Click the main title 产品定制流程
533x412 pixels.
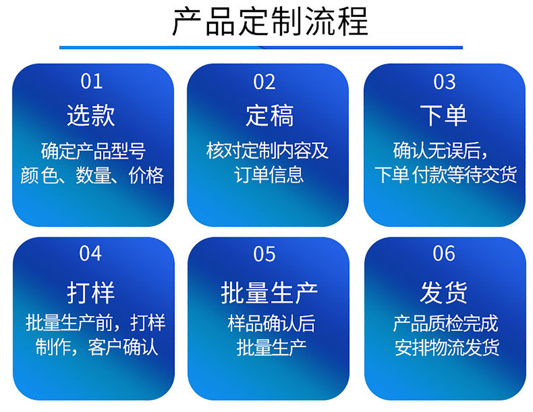click(x=270, y=22)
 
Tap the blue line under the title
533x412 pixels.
click(x=261, y=47)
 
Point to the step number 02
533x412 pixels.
click(x=264, y=82)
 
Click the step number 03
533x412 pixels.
click(x=444, y=82)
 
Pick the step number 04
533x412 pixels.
click(x=90, y=253)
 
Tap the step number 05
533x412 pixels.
click(x=264, y=254)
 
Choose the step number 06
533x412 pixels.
click(x=444, y=253)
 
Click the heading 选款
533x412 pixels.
click(x=91, y=115)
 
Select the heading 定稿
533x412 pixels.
click(x=270, y=115)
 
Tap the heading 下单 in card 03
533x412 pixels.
click(x=443, y=115)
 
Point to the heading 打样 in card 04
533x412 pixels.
click(x=91, y=292)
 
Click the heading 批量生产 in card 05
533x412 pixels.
click(x=269, y=292)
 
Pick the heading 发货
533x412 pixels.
click(x=443, y=292)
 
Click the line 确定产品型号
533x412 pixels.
click(x=93, y=151)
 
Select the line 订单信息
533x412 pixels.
click(x=269, y=175)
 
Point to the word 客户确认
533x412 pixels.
click(x=123, y=347)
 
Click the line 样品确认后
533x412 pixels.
click(x=271, y=323)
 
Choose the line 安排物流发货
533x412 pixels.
click(x=447, y=348)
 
